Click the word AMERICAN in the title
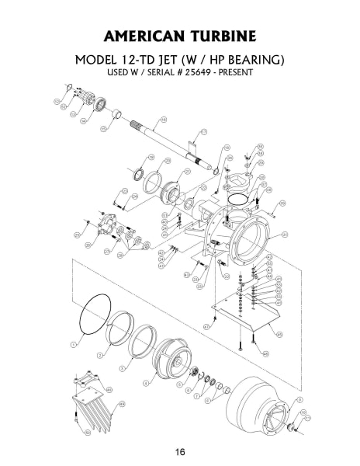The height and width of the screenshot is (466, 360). coord(137,38)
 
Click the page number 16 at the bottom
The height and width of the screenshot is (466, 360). coord(179,452)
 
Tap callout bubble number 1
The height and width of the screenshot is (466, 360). coord(74,343)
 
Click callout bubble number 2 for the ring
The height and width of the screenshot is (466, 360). coord(99,354)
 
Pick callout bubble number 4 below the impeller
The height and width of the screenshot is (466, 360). coord(146,383)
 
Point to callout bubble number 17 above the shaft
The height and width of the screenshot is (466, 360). coord(204,132)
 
